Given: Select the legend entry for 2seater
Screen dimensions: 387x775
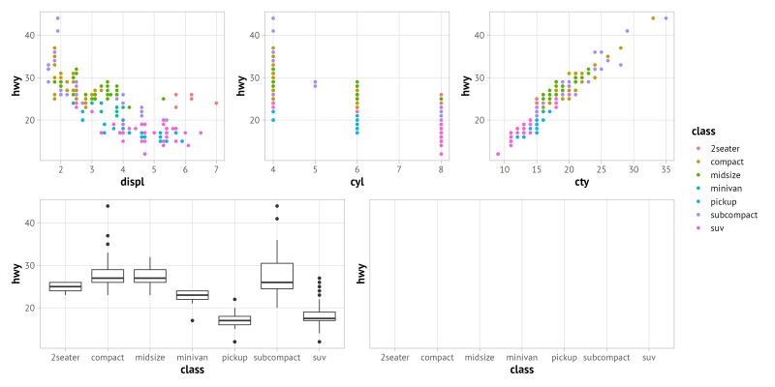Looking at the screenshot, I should pyautogui.click(x=718, y=147).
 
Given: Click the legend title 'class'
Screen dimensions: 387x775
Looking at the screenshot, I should pyautogui.click(x=702, y=131).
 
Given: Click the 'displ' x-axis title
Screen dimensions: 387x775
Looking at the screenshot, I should pyautogui.click(x=132, y=181).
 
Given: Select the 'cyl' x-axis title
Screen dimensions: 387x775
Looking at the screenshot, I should pyautogui.click(x=356, y=181).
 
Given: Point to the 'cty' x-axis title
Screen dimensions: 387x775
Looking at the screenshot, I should pyautogui.click(x=580, y=181).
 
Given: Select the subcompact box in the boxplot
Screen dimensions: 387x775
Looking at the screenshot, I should pyautogui.click(x=277, y=276).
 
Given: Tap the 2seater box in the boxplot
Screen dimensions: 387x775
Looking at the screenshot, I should pyautogui.click(x=65, y=286).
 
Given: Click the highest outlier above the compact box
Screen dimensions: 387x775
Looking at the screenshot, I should pyautogui.click(x=108, y=206).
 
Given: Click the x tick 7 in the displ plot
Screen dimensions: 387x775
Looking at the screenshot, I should pyautogui.click(x=215, y=169).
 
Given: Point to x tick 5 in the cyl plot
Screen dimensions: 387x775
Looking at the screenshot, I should pyautogui.click(x=315, y=169).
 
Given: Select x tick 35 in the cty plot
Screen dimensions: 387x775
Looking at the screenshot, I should pyautogui.click(x=666, y=169).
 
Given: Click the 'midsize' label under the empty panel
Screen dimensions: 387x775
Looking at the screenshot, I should pyautogui.click(x=480, y=358).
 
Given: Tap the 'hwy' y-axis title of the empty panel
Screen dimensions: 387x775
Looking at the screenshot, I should pyautogui.click(x=361, y=274).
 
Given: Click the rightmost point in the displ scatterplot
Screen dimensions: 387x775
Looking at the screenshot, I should pyautogui.click(x=216, y=103).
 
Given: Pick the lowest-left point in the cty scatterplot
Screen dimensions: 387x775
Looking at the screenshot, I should pyautogui.click(x=498, y=154).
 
